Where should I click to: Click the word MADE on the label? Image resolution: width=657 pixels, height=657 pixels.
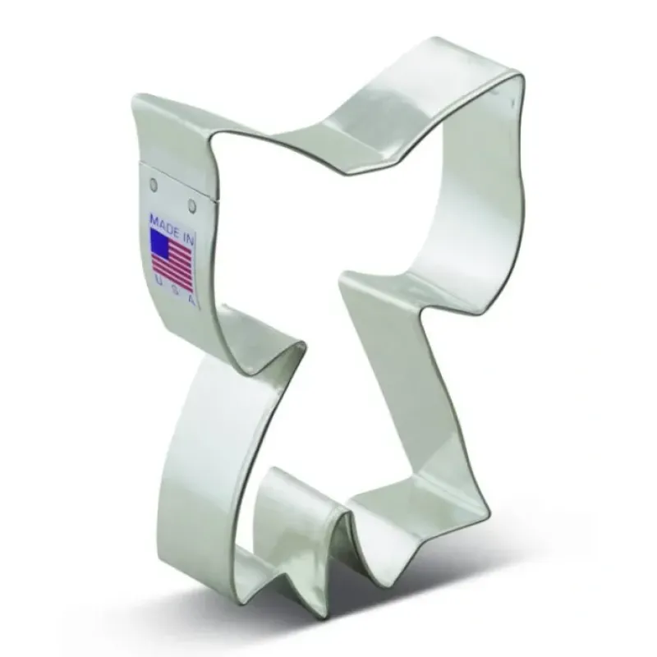(x=163, y=224)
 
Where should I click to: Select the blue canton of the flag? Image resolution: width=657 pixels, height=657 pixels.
(x=159, y=244)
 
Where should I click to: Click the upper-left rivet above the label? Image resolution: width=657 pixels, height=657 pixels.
(x=154, y=183)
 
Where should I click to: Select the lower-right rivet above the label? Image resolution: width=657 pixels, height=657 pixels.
(x=192, y=205)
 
